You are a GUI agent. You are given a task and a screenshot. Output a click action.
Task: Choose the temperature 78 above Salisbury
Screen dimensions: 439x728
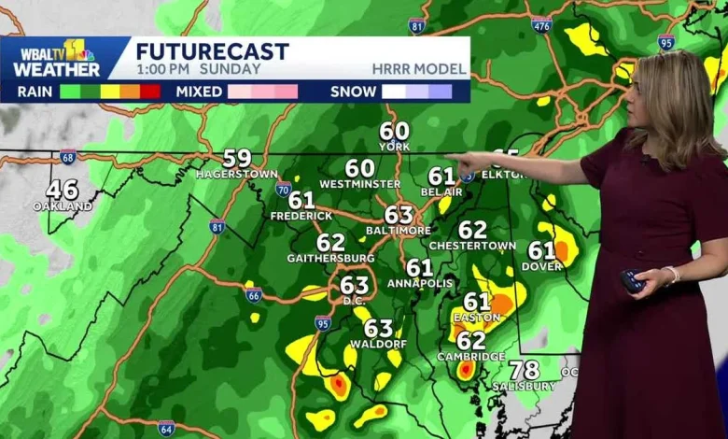(x=525, y=370)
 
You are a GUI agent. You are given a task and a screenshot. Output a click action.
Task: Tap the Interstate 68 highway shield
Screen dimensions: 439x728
(x=68, y=158)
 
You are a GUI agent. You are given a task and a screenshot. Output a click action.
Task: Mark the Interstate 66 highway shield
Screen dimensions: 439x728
(x=253, y=295)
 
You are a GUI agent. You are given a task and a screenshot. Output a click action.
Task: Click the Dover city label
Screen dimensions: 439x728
(x=542, y=267)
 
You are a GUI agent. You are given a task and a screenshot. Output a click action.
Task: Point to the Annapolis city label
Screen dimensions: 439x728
(x=420, y=284)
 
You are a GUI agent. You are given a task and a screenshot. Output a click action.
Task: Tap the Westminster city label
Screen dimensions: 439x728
(x=359, y=185)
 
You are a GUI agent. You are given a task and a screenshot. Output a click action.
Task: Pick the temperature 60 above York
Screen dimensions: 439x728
(x=394, y=132)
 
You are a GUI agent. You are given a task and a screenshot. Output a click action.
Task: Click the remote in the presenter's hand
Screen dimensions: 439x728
(x=632, y=281)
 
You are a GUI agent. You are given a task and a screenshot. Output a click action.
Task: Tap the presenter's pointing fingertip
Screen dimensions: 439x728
(x=447, y=158)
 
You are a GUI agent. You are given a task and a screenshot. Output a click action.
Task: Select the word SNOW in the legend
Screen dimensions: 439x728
(x=353, y=92)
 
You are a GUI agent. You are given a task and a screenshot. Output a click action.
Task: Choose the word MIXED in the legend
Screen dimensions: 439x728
(x=199, y=92)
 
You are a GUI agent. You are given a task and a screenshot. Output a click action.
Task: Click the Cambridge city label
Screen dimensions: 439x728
(x=470, y=357)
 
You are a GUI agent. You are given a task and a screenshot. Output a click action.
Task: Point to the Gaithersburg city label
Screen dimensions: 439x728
(x=330, y=259)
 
